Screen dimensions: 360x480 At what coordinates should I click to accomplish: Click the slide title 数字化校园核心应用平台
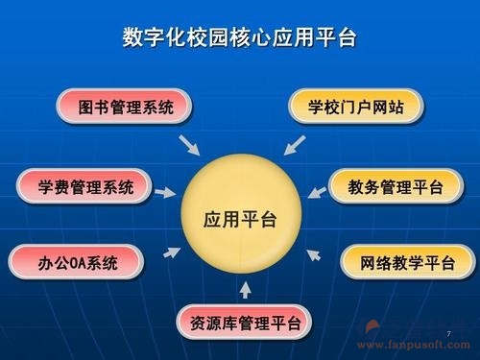tap(239, 37)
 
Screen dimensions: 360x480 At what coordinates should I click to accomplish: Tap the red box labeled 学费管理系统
tap(86, 184)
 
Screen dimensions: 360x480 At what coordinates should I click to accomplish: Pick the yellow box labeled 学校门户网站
tap(355, 107)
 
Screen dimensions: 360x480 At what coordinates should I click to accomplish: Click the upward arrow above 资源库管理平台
tap(245, 287)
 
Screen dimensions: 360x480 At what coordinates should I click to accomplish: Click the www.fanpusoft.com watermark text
tap(420, 346)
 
